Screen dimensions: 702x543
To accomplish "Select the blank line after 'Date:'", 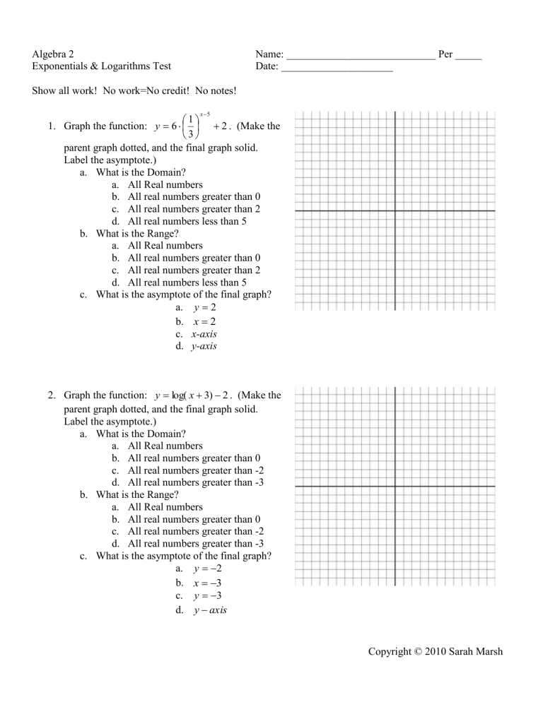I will point(337,69).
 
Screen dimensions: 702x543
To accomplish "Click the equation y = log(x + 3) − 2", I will point(205,396).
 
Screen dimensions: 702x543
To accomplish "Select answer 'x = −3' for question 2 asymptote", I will point(202,583).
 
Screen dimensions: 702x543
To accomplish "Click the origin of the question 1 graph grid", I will point(395,210).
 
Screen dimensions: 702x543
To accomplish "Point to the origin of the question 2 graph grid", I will point(395,486).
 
